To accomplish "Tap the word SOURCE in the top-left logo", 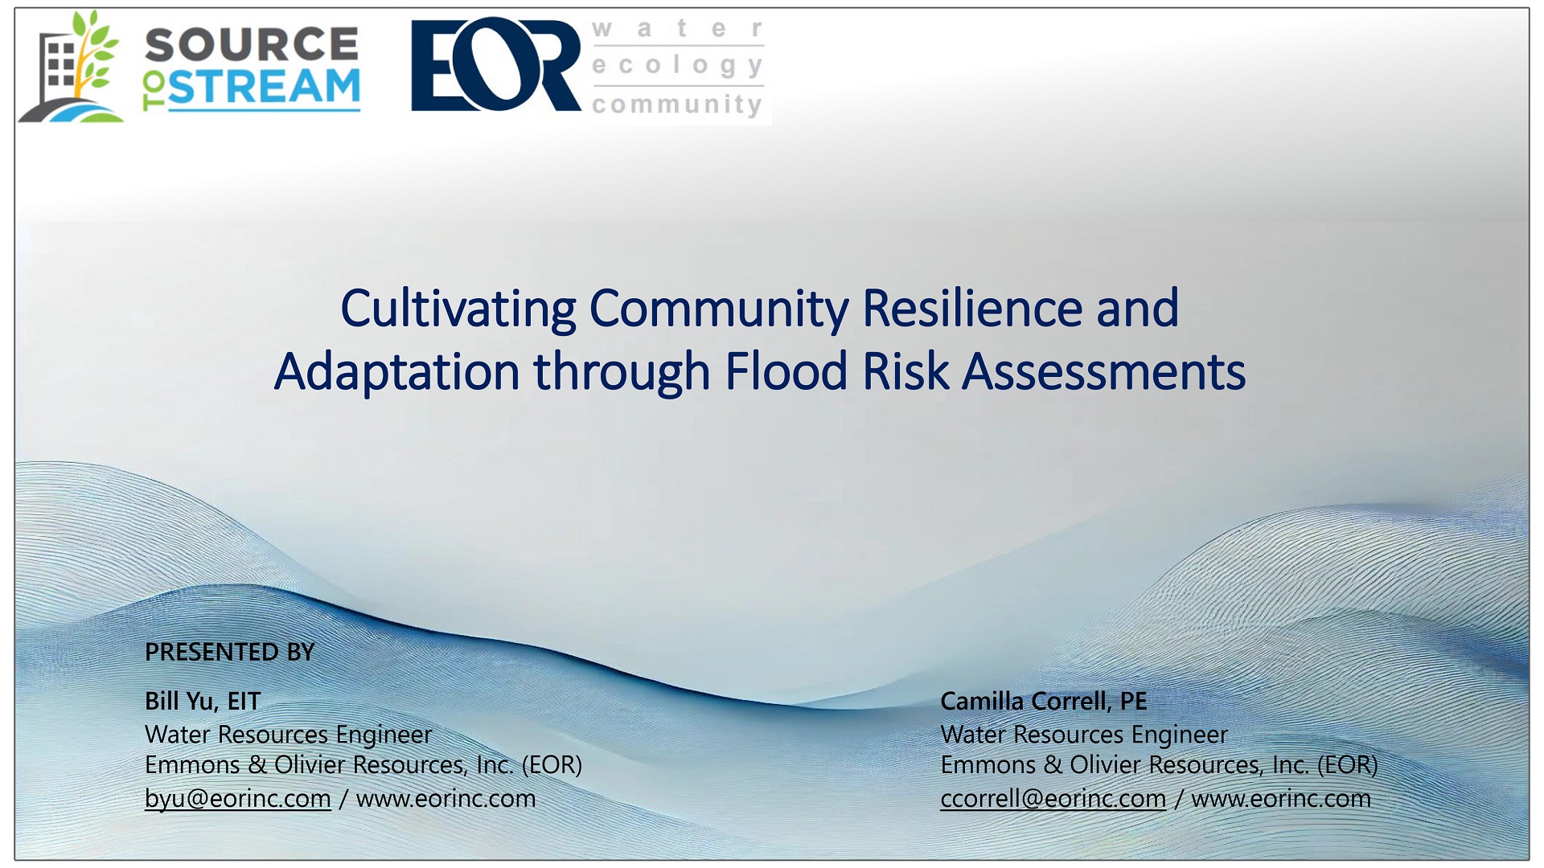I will click(252, 45).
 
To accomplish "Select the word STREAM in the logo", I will click(265, 88).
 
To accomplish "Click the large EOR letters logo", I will click(495, 64).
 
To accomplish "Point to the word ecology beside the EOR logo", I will click(677, 65).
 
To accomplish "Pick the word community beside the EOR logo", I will click(677, 104).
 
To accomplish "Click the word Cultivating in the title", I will click(458, 309).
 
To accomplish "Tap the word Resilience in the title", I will click(971, 309).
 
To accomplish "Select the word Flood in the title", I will click(786, 372).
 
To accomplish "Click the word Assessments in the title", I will click(1103, 372).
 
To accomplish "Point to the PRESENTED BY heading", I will click(230, 652).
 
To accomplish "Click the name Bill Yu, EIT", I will click(203, 701).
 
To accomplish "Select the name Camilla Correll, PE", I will click(1043, 701).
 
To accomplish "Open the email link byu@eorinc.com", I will click(238, 799).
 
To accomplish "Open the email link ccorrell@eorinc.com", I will click(1053, 799).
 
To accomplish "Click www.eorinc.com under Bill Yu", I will click(446, 799).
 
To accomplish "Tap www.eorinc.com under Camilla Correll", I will click(1280, 799).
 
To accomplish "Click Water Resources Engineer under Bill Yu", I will click(288, 735).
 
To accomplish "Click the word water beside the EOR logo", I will click(677, 29).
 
